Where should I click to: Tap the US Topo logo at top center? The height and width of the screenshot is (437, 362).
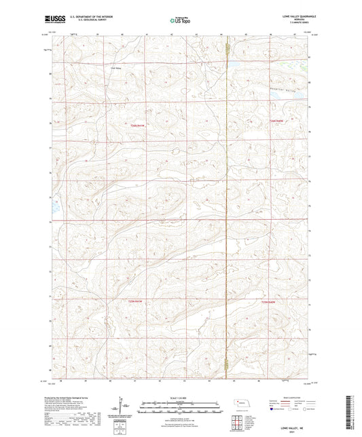tap(180, 22)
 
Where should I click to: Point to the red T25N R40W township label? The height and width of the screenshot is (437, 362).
tap(269, 301)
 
